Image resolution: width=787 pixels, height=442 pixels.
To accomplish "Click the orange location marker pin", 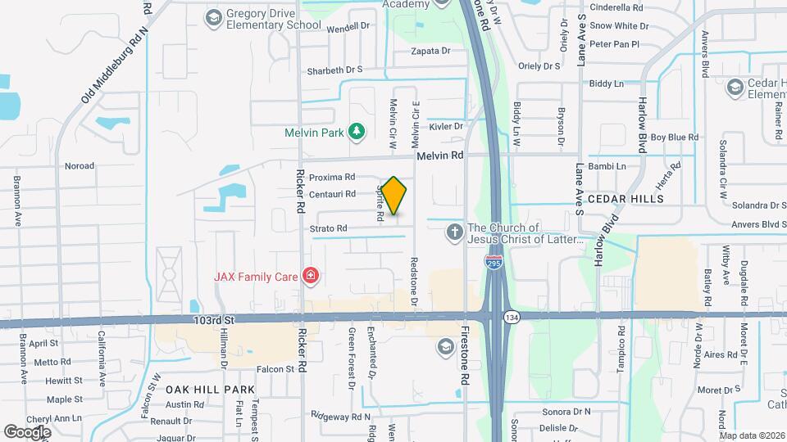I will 393,196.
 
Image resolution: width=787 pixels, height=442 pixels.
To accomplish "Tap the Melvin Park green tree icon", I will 356,131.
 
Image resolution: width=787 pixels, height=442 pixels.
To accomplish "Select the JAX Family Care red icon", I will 310,276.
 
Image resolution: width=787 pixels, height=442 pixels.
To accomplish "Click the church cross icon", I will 454,233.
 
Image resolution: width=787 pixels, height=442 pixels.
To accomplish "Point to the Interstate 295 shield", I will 494,263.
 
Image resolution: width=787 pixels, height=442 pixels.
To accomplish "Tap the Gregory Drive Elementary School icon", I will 214,18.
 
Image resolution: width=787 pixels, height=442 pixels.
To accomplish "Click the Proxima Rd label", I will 332,177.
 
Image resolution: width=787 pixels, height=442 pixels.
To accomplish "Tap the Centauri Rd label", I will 332,195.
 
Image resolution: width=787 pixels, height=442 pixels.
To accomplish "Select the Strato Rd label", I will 329,228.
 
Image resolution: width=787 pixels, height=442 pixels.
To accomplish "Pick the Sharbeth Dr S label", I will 334,70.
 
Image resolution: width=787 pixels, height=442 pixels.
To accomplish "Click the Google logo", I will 27,431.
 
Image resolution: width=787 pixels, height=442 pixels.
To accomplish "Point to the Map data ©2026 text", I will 752,435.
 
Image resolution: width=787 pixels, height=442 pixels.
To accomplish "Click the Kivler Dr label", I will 447,127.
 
